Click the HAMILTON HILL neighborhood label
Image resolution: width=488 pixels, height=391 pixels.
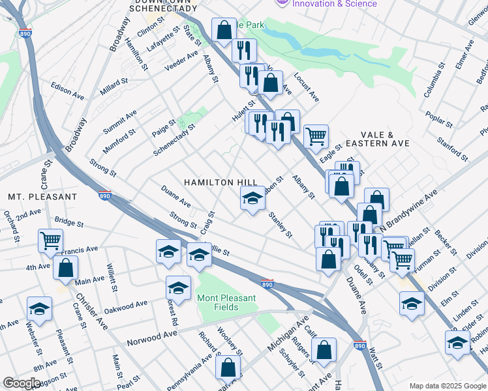[x=218, y=183]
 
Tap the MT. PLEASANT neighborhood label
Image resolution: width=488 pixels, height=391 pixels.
[x=42, y=196]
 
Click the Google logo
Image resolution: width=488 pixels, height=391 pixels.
[x=22, y=383]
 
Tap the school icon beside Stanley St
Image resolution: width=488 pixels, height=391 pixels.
[x=252, y=200]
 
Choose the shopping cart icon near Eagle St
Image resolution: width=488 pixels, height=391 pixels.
[x=316, y=136]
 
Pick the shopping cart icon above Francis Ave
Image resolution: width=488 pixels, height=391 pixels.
[x=50, y=240]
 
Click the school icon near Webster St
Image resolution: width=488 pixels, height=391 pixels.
[x=39, y=309]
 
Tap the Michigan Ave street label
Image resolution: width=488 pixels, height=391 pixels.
[x=287, y=334]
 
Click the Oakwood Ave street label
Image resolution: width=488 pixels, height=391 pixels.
[x=125, y=306]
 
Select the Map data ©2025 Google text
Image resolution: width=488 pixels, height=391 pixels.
[x=447, y=386]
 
